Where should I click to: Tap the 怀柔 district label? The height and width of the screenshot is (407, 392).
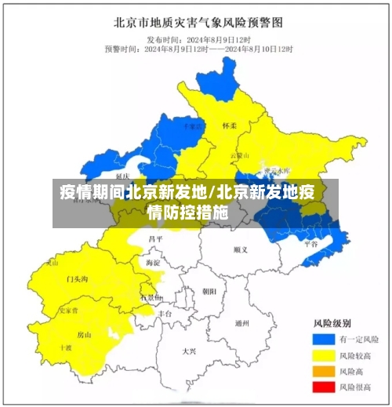(x=229, y=125)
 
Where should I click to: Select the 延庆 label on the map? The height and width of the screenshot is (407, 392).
(x=122, y=176)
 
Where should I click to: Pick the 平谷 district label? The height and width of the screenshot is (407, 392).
(x=310, y=244)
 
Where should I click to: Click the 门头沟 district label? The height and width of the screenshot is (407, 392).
(x=77, y=279)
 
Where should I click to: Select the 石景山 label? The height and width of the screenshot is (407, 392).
(x=151, y=298)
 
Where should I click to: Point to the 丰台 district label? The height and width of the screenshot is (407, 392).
(x=164, y=313)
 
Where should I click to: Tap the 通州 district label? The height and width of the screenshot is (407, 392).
(x=242, y=323)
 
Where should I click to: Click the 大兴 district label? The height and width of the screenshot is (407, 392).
(x=189, y=351)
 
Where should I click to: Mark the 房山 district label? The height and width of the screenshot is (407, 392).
(x=84, y=335)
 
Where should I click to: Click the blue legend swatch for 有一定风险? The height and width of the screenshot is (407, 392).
(x=323, y=340)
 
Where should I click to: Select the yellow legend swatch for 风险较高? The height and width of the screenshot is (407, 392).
(x=323, y=355)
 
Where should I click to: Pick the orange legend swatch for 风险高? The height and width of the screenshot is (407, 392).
(x=323, y=371)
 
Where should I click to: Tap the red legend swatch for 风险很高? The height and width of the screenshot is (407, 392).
(x=323, y=387)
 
